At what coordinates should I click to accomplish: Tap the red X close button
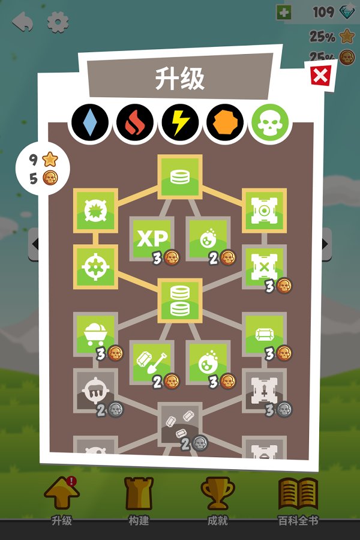point(320,75)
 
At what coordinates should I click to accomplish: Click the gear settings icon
point(58,22)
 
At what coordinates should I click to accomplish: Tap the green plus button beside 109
point(284,13)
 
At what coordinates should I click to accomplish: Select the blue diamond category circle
point(89,122)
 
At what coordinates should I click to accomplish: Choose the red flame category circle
point(134,122)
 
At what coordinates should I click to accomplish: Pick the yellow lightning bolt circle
point(180,122)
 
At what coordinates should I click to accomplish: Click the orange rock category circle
point(225,122)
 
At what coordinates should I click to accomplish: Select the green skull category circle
point(270,122)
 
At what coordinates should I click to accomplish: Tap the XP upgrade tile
point(152,238)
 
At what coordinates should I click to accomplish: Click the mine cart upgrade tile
point(95,334)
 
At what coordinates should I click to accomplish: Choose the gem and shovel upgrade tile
point(152,362)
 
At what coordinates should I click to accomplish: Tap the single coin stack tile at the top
point(180,176)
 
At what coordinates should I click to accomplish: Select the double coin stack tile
point(180,301)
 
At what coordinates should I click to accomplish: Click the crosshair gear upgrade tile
point(95,266)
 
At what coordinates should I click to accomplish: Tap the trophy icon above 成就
point(217,493)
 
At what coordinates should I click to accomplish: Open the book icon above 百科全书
point(298,494)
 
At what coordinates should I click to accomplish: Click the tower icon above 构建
point(139,494)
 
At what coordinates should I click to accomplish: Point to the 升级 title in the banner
point(179,79)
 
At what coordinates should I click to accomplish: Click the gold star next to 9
point(50,159)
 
